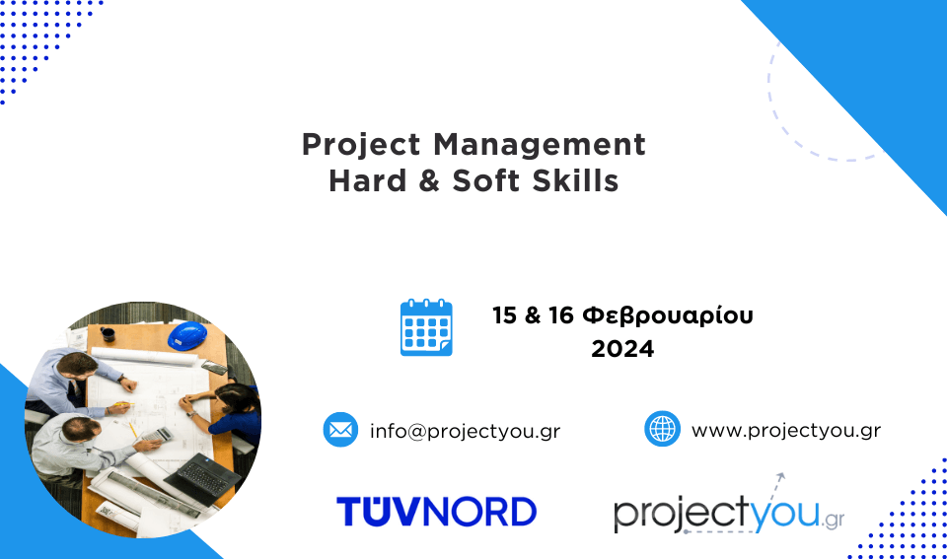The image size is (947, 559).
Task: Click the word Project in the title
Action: (361, 146)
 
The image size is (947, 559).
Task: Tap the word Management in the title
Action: (540, 144)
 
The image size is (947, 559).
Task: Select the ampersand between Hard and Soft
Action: (429, 180)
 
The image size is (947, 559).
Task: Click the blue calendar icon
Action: (426, 327)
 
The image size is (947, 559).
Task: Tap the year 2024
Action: (622, 349)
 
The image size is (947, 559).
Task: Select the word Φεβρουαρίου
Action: (668, 315)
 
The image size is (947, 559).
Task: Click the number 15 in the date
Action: (504, 315)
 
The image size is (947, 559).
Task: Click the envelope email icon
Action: (340, 430)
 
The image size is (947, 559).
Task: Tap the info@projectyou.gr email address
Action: (465, 431)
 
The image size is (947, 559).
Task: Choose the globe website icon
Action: (663, 429)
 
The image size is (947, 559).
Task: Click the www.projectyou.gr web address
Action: (786, 431)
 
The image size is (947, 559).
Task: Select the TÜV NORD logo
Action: (436, 512)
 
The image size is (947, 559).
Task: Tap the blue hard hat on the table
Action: (187, 335)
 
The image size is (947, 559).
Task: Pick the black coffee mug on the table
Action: (108, 333)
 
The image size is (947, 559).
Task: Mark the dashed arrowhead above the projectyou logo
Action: (781, 476)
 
